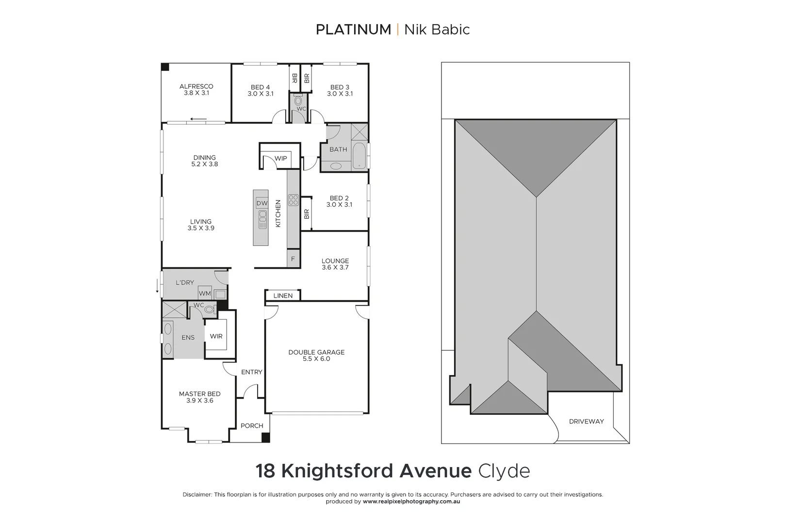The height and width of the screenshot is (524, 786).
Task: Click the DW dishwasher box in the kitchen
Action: point(262,203)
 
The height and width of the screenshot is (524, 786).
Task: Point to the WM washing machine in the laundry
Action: point(205,294)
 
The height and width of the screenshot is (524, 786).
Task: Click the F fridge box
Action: point(293,259)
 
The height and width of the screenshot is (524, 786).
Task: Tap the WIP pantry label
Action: point(280,158)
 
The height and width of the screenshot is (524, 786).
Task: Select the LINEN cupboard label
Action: point(283,295)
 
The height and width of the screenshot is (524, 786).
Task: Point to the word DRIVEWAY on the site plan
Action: point(586,421)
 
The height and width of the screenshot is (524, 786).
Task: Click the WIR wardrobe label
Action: point(216,336)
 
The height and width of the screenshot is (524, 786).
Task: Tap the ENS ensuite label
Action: point(188,338)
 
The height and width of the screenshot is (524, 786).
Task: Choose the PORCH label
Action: point(252,426)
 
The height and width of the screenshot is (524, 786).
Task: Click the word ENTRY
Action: point(251,372)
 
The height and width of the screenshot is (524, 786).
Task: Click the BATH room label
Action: point(338,149)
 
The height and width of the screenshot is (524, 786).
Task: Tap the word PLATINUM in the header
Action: point(353,30)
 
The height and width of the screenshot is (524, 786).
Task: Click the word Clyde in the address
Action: point(504,471)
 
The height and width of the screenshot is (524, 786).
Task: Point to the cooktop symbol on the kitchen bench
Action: point(293,200)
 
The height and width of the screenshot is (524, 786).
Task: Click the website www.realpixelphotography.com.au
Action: point(411,502)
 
